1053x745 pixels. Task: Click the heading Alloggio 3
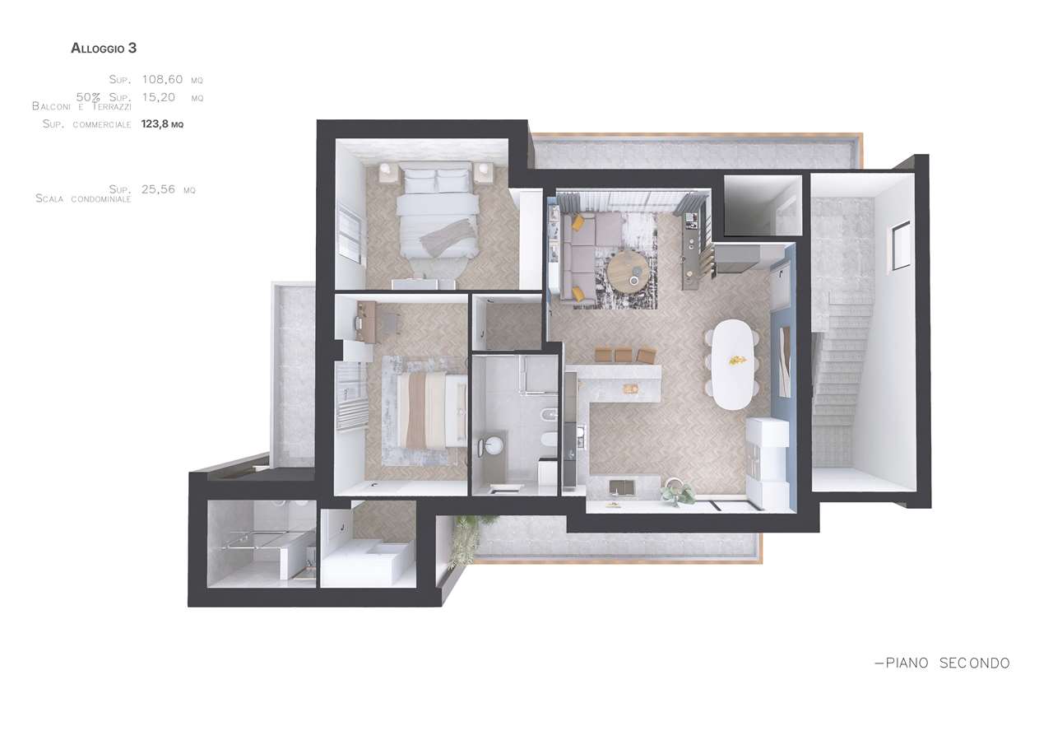pos(104,49)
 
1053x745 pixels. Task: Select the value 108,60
pos(162,80)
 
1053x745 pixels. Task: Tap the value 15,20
pos(159,97)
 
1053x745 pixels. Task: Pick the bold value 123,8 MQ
pos(162,124)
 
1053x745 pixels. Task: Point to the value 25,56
pos(158,189)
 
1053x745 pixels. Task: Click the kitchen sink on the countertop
pos(621,487)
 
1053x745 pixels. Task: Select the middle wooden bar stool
pos(624,355)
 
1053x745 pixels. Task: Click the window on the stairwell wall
pos(898,248)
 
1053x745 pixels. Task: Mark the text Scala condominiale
pos(83,199)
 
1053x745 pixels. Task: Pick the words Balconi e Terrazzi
pos(81,107)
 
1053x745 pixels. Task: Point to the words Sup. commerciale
pos(86,124)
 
